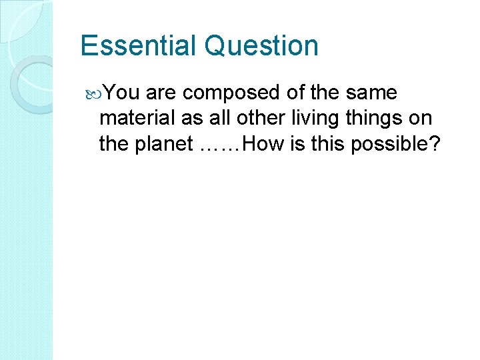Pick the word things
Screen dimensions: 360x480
(382, 119)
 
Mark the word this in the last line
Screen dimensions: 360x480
(316, 144)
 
